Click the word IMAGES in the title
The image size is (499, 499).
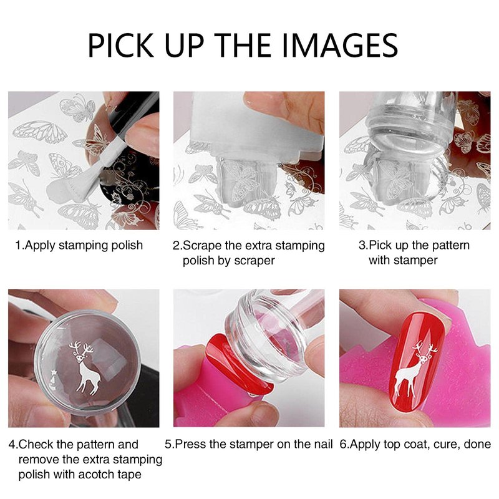pos(340,46)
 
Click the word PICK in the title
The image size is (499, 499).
pos(121,46)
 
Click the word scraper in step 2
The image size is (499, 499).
pos(254,261)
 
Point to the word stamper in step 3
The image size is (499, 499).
pos(415,260)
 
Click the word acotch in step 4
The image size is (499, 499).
pos(96,474)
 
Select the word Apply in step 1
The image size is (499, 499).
pos(40,246)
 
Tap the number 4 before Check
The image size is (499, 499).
pos(11,444)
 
